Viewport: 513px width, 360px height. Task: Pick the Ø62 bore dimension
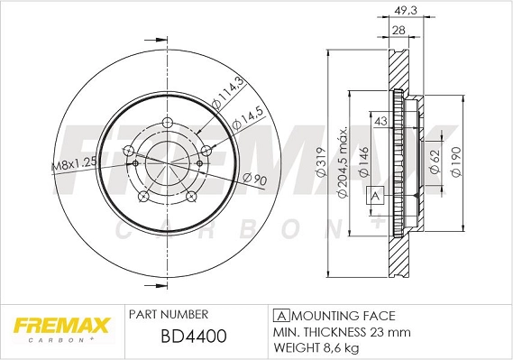435,161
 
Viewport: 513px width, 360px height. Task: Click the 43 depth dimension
380,121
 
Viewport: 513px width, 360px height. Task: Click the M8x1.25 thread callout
72,163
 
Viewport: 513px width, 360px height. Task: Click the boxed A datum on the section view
375,193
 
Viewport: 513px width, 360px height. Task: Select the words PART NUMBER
169,314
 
